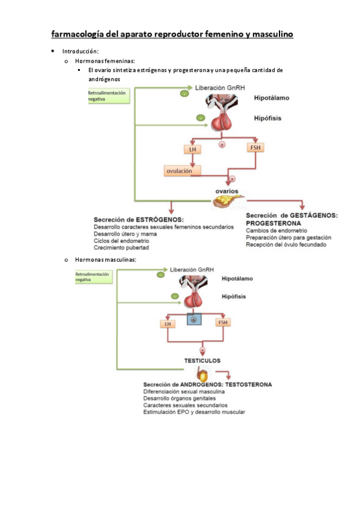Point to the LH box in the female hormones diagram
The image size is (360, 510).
[x=192, y=148]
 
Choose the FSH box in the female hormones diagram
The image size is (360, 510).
[x=255, y=147]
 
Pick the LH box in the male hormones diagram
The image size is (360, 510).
[x=167, y=324]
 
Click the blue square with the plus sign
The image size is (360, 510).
[x=194, y=320]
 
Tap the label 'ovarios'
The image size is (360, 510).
[x=227, y=191]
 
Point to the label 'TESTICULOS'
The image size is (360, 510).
[x=202, y=361]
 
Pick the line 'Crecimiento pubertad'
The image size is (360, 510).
[x=121, y=247]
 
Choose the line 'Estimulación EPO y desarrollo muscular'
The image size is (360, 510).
[x=194, y=412]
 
